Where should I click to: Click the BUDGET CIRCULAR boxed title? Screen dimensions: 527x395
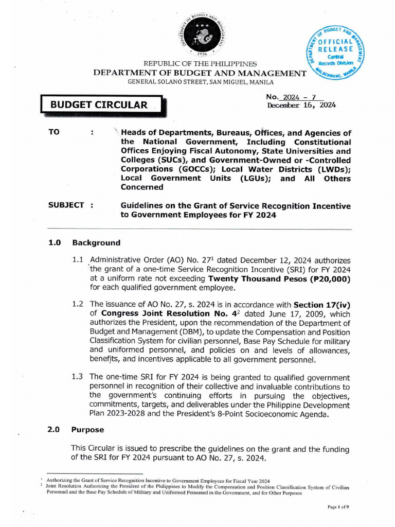pyautogui.click(x=99, y=105)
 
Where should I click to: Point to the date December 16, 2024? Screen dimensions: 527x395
pyautogui.click(x=301, y=105)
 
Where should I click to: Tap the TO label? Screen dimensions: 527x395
pyautogui.click(x=54, y=132)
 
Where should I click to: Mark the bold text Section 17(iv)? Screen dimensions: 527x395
pyautogui.click(x=322, y=304)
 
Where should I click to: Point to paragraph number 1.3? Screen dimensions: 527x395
pyautogui.click(x=78, y=377)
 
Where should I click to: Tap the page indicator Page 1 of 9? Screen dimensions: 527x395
pyautogui.click(x=338, y=507)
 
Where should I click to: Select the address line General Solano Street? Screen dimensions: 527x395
pyautogui.click(x=201, y=82)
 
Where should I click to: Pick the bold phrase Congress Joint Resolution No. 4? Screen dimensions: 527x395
pyautogui.click(x=164, y=313)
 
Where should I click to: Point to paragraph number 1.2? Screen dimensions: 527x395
pyautogui.click(x=78, y=304)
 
